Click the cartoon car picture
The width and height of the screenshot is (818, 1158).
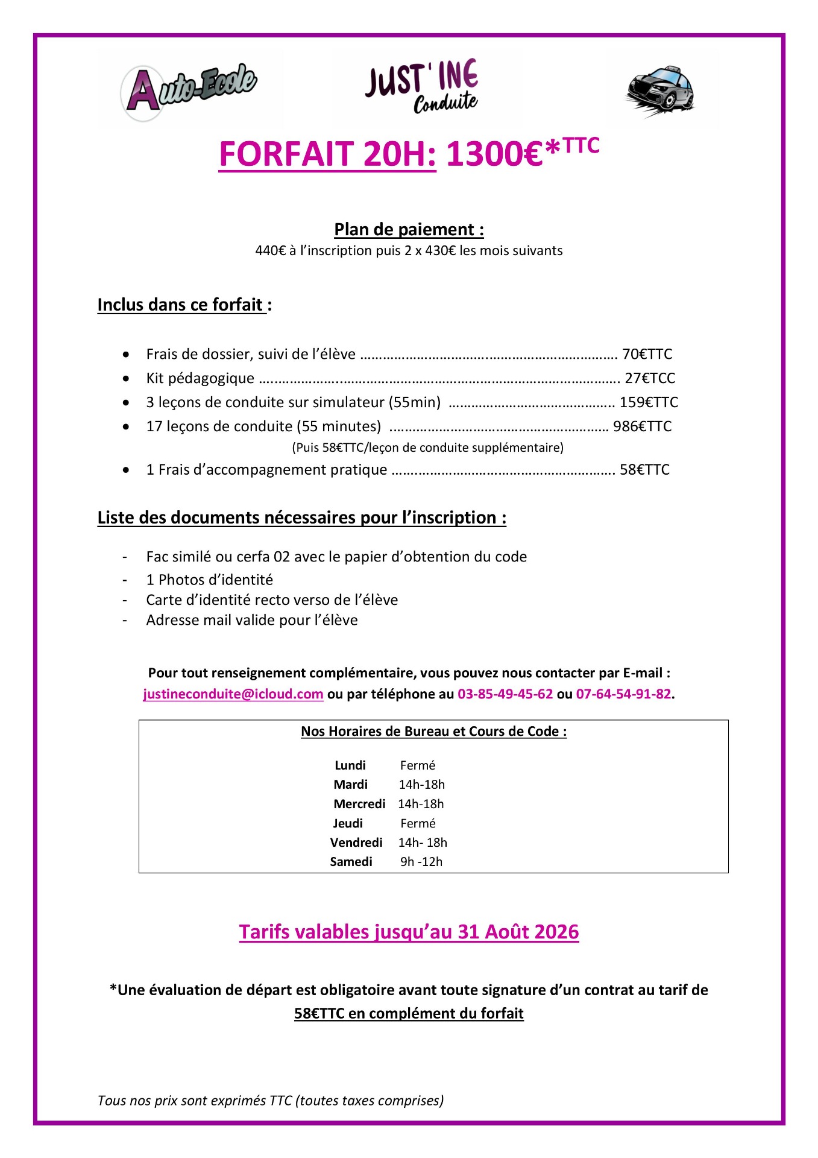(661, 91)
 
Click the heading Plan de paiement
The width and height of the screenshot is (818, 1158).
(409, 230)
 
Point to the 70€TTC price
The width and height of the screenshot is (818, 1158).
(647, 354)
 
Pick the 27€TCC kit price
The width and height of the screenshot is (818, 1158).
(650, 378)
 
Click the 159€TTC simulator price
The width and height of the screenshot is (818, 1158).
(649, 402)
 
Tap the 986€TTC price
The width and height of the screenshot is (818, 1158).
(642, 426)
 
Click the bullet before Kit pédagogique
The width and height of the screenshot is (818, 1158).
(125, 379)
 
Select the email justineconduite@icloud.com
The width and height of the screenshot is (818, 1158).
(233, 694)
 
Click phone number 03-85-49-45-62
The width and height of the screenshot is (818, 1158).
(505, 694)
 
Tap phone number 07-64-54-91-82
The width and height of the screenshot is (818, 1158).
(623, 694)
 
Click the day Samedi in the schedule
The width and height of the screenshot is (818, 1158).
(351, 862)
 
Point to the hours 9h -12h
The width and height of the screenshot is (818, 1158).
(421, 862)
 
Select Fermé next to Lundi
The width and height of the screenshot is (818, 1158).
(417, 765)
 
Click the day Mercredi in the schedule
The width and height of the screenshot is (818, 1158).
(359, 804)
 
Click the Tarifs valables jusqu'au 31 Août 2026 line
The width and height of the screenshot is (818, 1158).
(409, 932)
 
